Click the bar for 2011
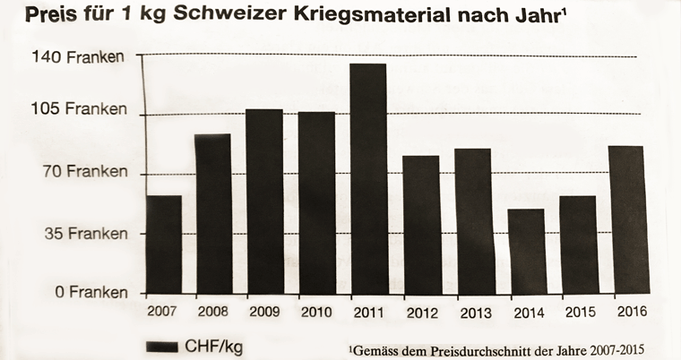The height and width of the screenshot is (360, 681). pos(369,179)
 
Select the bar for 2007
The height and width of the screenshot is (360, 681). pos(163,244)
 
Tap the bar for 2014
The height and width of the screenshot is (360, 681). pos(527,252)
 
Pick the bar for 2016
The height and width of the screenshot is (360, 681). pos(626,219)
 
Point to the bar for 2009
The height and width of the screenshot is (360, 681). pos(264,201)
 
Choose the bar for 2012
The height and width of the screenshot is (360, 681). pos(421,225)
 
